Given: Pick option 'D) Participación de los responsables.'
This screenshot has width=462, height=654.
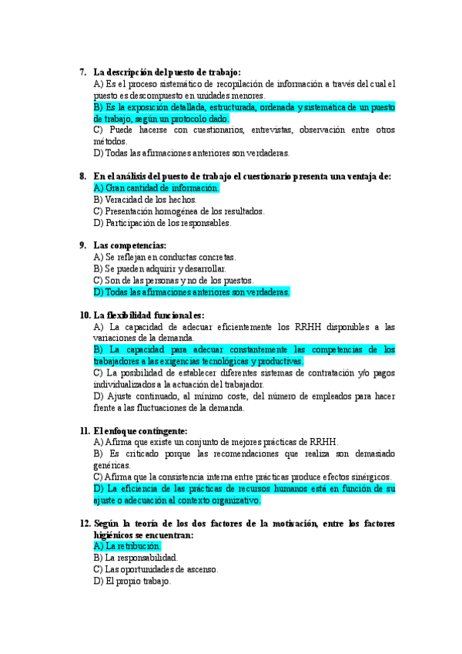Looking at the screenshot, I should [x=162, y=223].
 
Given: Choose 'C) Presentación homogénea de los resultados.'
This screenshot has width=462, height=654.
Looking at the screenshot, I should [x=178, y=211].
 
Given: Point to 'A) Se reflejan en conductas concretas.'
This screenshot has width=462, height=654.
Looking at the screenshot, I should [x=164, y=257].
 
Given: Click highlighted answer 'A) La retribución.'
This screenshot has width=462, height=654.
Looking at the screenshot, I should [x=127, y=546].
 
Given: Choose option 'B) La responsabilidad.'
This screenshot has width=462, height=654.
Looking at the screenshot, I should [x=136, y=558].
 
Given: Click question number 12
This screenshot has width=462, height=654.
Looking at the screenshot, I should [x=85, y=524].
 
